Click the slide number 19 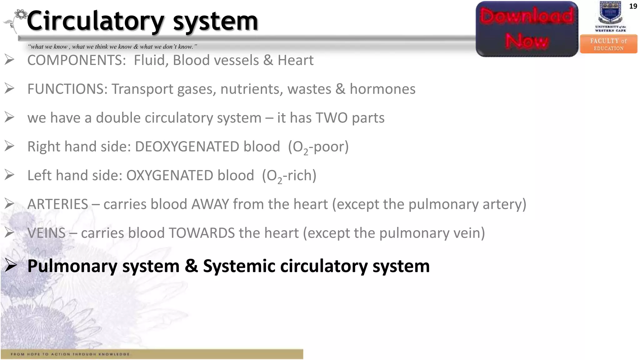click(x=633, y=6)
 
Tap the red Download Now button click(x=527, y=29)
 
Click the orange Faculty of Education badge click(x=608, y=44)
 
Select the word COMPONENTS click(x=77, y=60)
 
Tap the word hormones click(x=382, y=89)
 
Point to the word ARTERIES click(x=58, y=204)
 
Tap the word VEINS click(x=47, y=233)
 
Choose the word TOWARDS click(x=202, y=233)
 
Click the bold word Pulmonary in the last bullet click(x=72, y=266)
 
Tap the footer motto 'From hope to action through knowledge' click(x=70, y=354)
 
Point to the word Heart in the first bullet click(x=295, y=60)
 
